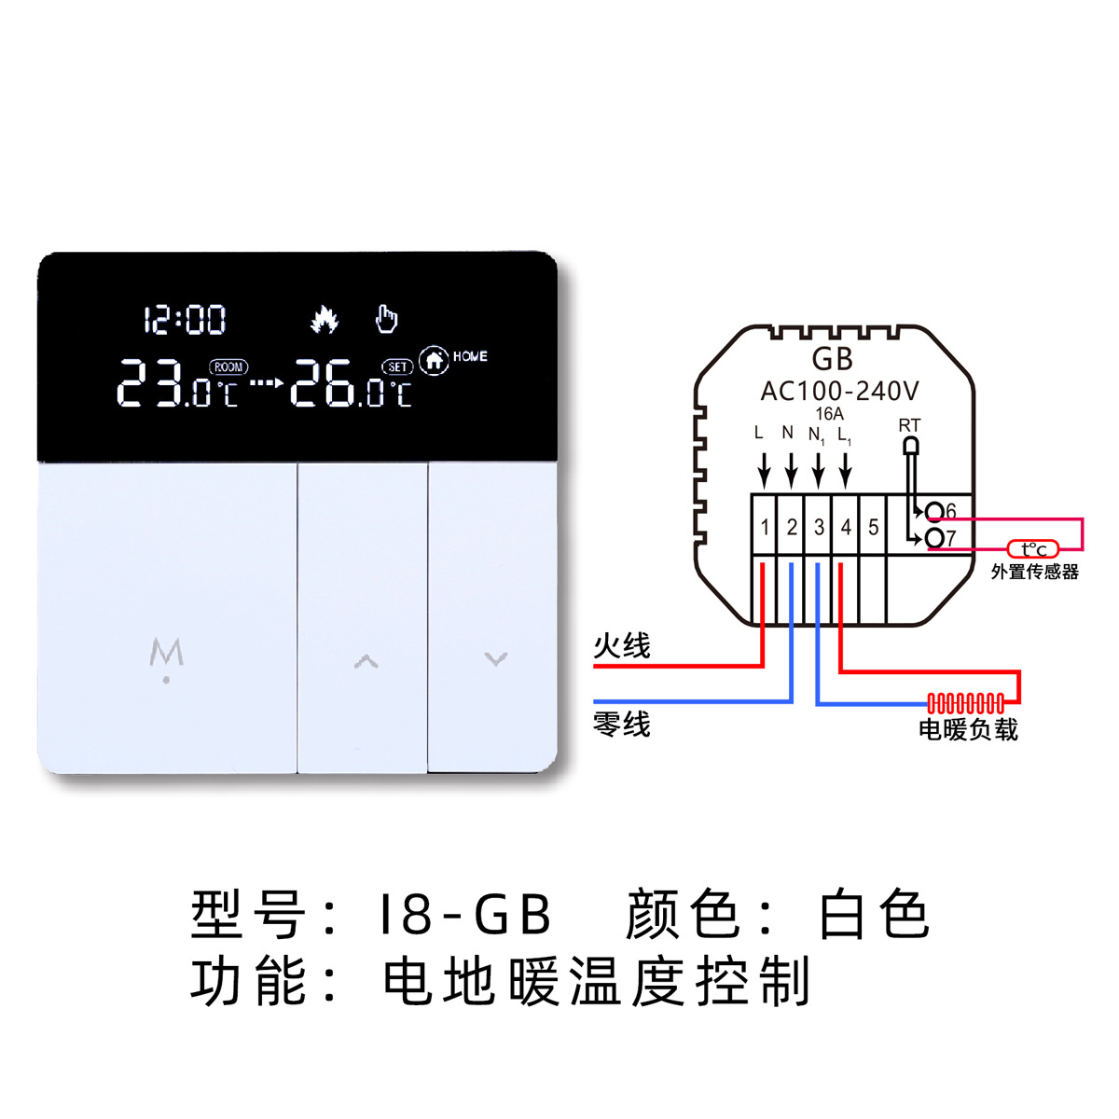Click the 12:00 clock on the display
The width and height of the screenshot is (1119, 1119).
185,320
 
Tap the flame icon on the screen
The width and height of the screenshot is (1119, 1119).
324,319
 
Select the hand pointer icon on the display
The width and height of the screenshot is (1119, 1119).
386,319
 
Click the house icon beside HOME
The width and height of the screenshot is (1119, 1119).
434,359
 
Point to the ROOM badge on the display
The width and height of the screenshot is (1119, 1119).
228,367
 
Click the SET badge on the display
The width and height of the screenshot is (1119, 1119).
397,367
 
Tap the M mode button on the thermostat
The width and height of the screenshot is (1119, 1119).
167,656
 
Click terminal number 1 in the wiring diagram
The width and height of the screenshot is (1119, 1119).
765,528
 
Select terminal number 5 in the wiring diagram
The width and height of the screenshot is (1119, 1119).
873,528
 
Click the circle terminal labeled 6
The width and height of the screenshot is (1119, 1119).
933,511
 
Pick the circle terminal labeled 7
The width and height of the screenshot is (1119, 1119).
933,538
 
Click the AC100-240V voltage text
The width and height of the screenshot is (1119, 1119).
839,392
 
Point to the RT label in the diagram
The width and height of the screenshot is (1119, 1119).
909,425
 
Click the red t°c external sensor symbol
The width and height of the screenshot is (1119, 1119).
1033,550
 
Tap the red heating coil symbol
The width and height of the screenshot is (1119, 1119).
966,702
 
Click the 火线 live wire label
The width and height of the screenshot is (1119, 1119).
622,645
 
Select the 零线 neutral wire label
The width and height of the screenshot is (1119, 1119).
622,724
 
